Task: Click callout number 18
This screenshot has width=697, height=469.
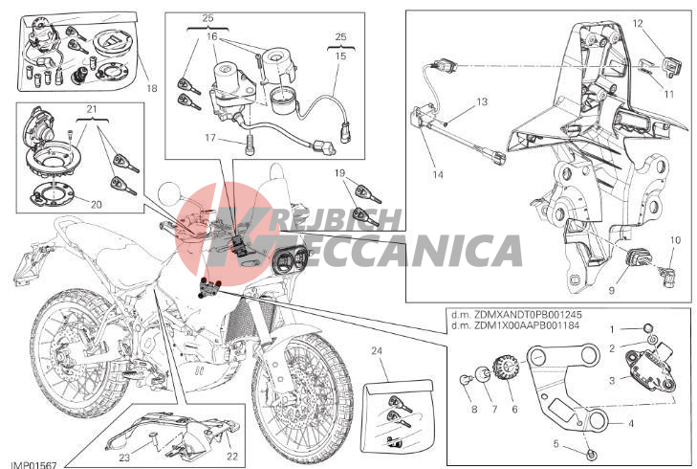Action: point(152,88)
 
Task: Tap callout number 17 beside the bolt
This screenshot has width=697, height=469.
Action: point(210,138)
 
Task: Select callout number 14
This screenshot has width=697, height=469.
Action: point(438,175)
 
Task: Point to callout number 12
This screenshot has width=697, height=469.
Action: point(638,23)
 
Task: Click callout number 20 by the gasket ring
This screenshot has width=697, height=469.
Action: point(96,205)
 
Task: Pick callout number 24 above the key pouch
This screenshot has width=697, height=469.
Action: point(377,351)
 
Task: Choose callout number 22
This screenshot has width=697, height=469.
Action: point(232,457)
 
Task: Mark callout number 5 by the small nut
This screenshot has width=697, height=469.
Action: point(555,444)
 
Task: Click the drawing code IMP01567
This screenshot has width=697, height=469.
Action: point(33,465)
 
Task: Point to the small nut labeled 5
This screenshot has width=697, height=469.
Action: point(591,455)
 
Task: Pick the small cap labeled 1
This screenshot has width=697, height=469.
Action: point(647,328)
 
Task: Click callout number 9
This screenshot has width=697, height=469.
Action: point(612,290)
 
